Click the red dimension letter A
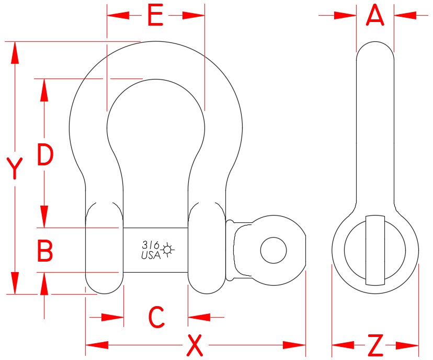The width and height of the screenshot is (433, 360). tap(375, 16)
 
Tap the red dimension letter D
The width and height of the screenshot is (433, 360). tap(45, 155)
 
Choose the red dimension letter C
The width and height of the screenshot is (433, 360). tap(156, 317)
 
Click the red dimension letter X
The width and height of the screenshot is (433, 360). tap(195, 345)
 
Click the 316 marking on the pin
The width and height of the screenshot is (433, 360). tap(150, 245)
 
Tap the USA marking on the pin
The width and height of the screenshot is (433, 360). tap(151, 255)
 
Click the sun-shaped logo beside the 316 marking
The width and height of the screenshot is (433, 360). tap(167, 249)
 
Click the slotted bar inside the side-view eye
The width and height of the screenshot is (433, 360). tap(375, 250)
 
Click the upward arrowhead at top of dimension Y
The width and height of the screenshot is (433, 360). tap(15, 52)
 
